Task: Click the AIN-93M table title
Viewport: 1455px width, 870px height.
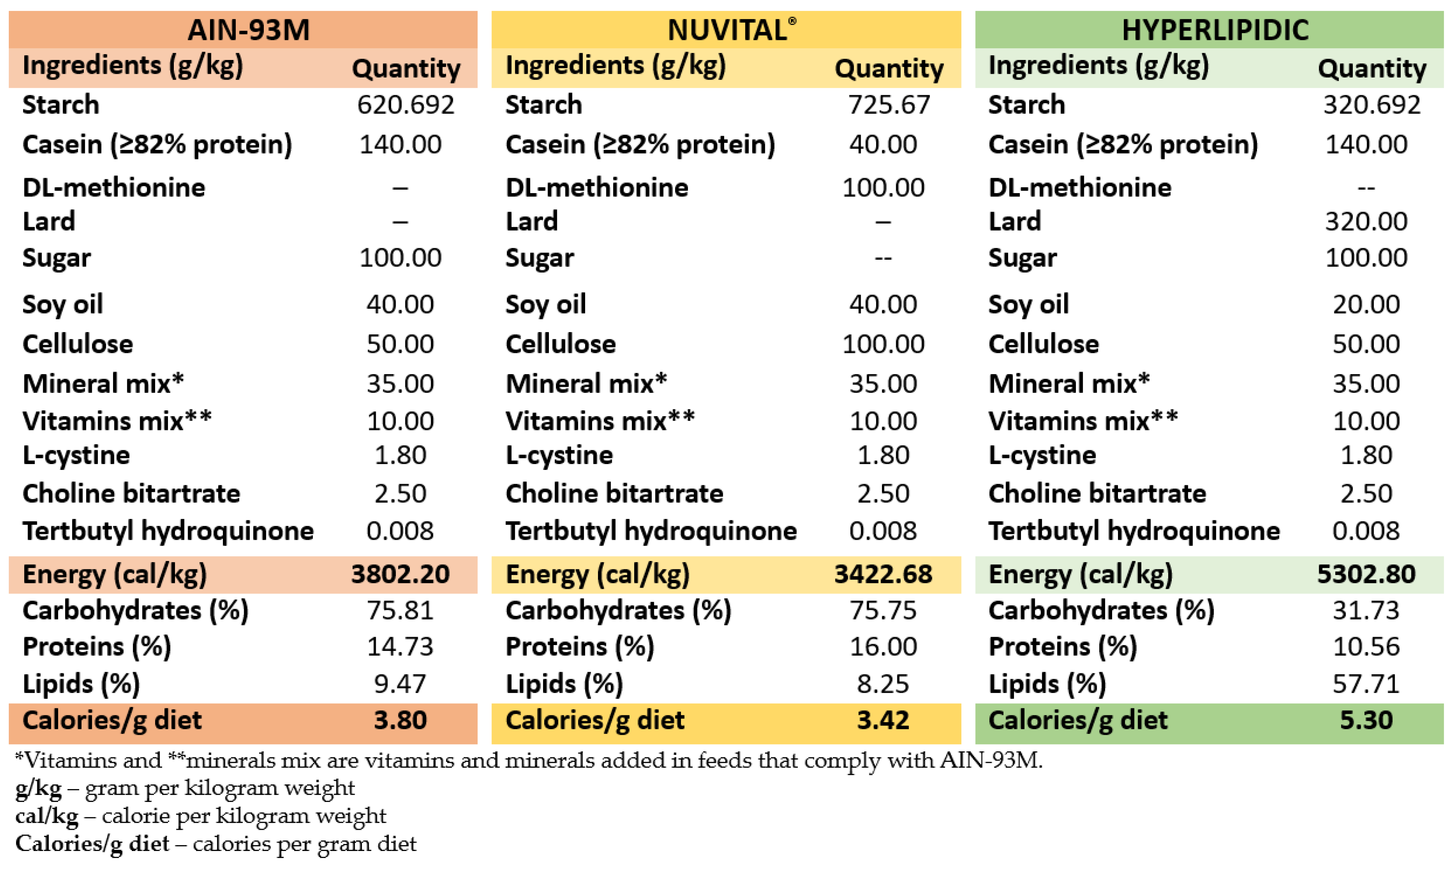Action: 248,30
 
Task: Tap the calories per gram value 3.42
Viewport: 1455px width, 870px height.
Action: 883,720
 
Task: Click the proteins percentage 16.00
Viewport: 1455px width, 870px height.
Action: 883,647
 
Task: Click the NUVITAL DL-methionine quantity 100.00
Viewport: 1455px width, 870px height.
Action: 883,188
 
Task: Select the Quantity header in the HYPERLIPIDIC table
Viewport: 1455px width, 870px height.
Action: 1372,69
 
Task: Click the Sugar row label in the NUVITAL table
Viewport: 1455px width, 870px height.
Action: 539,258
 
